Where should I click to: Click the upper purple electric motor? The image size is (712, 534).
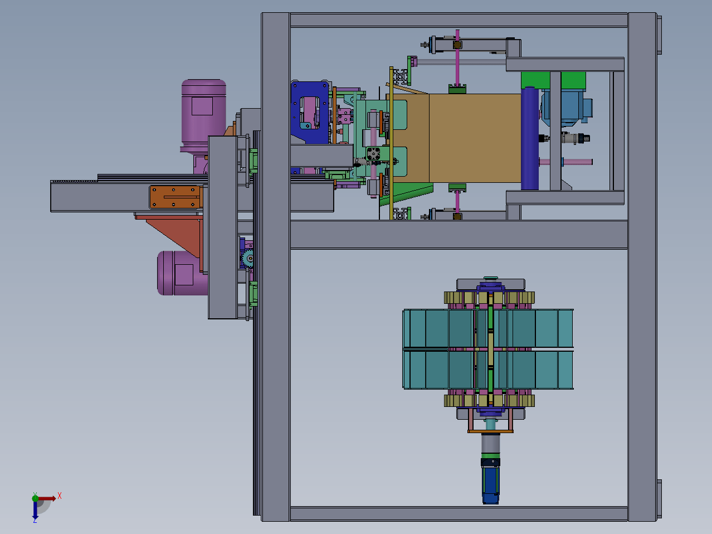point(203,115)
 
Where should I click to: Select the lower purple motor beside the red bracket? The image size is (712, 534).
point(182,273)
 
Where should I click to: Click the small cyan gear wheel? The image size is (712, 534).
point(248,258)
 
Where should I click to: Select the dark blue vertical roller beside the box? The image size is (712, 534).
point(530,138)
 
